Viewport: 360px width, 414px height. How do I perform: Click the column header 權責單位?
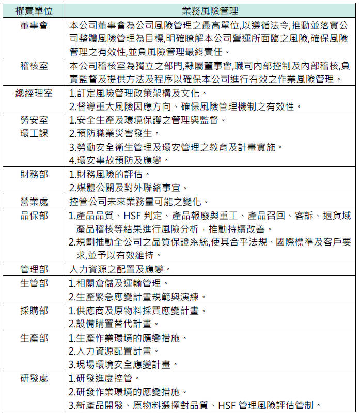[34, 10]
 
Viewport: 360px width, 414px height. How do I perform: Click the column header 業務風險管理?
[210, 10]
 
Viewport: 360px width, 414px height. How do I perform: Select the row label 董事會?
[34, 25]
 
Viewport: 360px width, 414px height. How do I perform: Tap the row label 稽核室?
[34, 66]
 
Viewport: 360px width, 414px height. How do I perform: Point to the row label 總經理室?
[34, 94]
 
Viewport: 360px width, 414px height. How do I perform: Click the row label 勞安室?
[34, 120]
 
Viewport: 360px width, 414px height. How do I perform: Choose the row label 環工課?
[34, 133]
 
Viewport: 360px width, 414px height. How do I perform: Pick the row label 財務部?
[34, 174]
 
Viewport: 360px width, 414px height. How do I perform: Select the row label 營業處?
[34, 201]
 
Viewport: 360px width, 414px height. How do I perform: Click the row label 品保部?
[34, 215]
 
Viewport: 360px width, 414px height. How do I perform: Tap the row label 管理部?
[34, 269]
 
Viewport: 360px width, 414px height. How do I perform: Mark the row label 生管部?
[34, 283]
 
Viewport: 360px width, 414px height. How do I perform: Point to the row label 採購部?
[34, 311]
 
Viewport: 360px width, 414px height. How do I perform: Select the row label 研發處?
[34, 378]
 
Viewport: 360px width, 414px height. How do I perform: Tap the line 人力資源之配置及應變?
[120, 269]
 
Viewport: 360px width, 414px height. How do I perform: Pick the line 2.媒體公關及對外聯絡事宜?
[129, 187]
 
